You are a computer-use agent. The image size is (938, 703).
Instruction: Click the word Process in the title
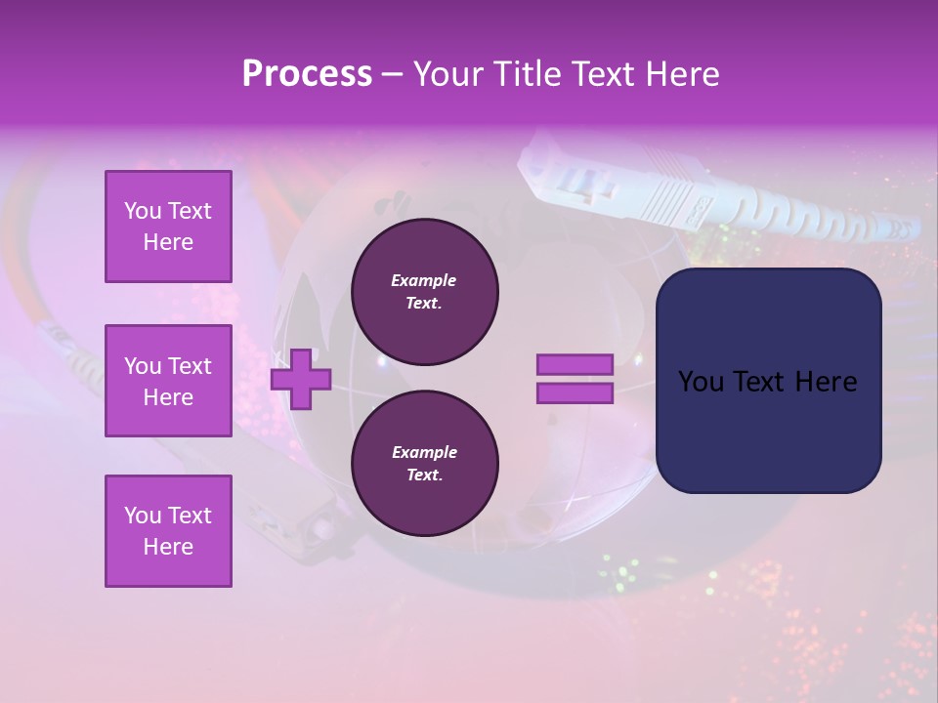point(307,74)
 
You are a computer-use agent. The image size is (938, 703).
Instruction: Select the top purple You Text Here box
point(168,227)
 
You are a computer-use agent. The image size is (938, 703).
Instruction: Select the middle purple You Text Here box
point(168,381)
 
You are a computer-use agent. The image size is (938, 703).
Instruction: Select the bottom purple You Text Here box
point(168,531)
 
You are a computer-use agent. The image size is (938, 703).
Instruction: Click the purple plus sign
point(301,381)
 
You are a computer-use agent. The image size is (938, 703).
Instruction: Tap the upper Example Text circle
point(424,292)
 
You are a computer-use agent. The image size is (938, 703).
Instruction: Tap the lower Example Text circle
point(424,464)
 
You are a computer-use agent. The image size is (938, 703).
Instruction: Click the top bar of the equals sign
point(575,365)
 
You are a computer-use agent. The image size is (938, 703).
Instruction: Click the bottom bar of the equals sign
point(575,393)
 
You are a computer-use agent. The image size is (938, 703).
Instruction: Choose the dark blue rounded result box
point(768,381)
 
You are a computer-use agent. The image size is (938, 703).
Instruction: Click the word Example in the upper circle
point(423,280)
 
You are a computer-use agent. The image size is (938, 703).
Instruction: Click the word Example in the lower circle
point(424,452)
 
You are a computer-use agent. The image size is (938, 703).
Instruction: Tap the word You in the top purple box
point(143,211)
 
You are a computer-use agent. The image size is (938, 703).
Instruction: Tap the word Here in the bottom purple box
point(168,547)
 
